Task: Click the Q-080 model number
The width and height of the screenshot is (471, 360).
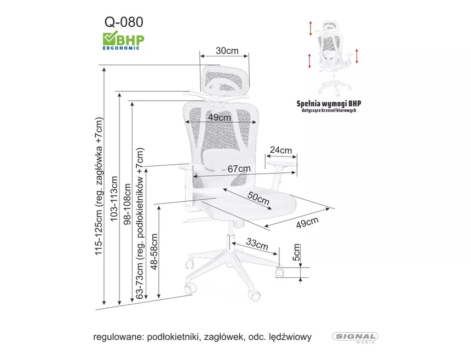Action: click(124, 21)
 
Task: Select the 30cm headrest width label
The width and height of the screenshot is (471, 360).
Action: click(227, 51)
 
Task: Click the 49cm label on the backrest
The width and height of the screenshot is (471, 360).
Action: click(219, 118)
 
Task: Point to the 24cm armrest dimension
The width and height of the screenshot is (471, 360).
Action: click(280, 150)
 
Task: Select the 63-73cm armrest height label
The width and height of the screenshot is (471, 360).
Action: click(140, 223)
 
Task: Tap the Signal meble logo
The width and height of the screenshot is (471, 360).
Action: click(355, 338)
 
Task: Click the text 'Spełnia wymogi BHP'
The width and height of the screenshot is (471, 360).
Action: click(329, 103)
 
